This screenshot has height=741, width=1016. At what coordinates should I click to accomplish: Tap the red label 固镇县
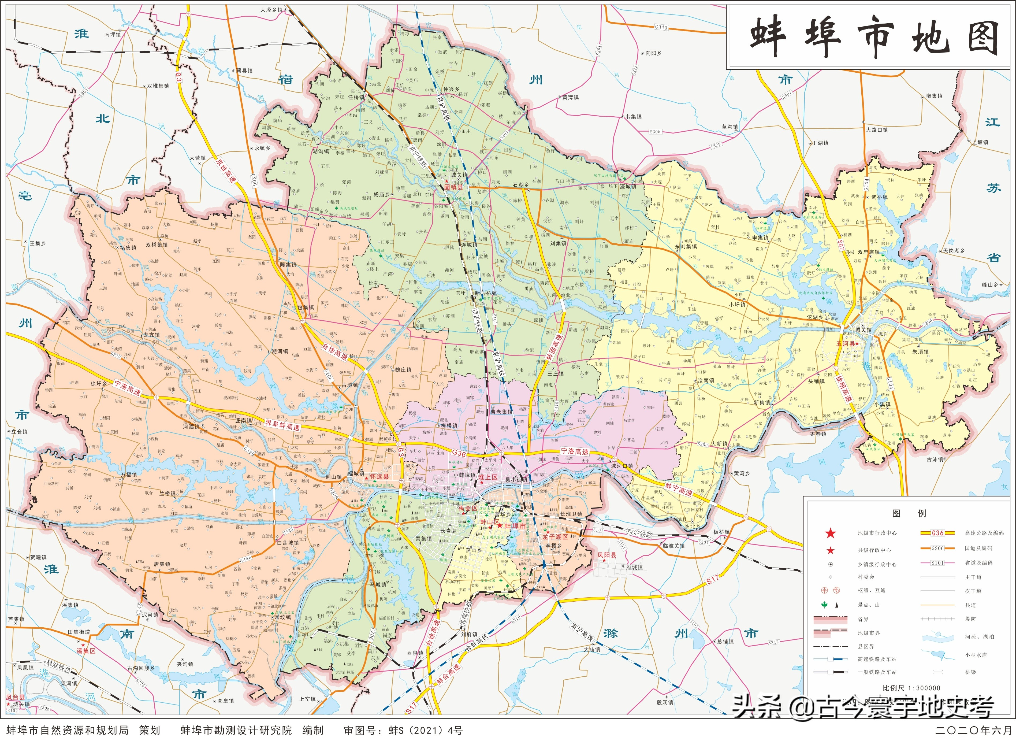454,187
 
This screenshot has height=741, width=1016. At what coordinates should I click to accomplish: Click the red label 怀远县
379,477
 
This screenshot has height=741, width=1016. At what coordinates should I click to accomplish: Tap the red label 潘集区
86,650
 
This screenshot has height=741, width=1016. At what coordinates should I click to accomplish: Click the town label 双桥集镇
157,245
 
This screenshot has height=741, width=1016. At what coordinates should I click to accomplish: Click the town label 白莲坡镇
287,543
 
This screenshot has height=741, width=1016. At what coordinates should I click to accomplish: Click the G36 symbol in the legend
937,533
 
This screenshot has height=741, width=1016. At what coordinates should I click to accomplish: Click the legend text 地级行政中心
877,533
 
